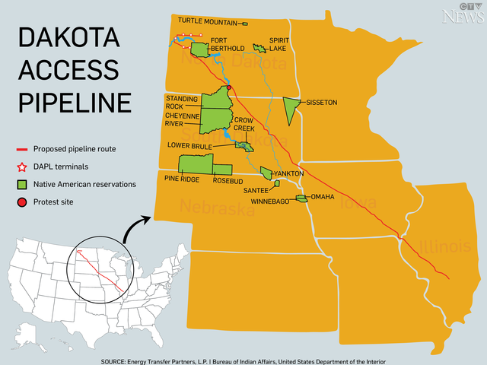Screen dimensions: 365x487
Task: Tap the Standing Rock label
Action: (x=181, y=102)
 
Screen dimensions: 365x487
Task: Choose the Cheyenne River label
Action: (x=183, y=119)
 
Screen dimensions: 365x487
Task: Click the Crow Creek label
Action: (x=244, y=124)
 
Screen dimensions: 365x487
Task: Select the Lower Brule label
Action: (x=190, y=144)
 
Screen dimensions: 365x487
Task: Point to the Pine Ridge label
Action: (x=182, y=180)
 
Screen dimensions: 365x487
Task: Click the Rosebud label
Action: (x=228, y=180)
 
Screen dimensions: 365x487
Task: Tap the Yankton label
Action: (x=289, y=173)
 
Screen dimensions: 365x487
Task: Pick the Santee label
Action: (x=257, y=191)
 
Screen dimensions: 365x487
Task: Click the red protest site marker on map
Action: (x=229, y=87)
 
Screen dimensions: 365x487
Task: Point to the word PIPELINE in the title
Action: (x=75, y=102)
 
